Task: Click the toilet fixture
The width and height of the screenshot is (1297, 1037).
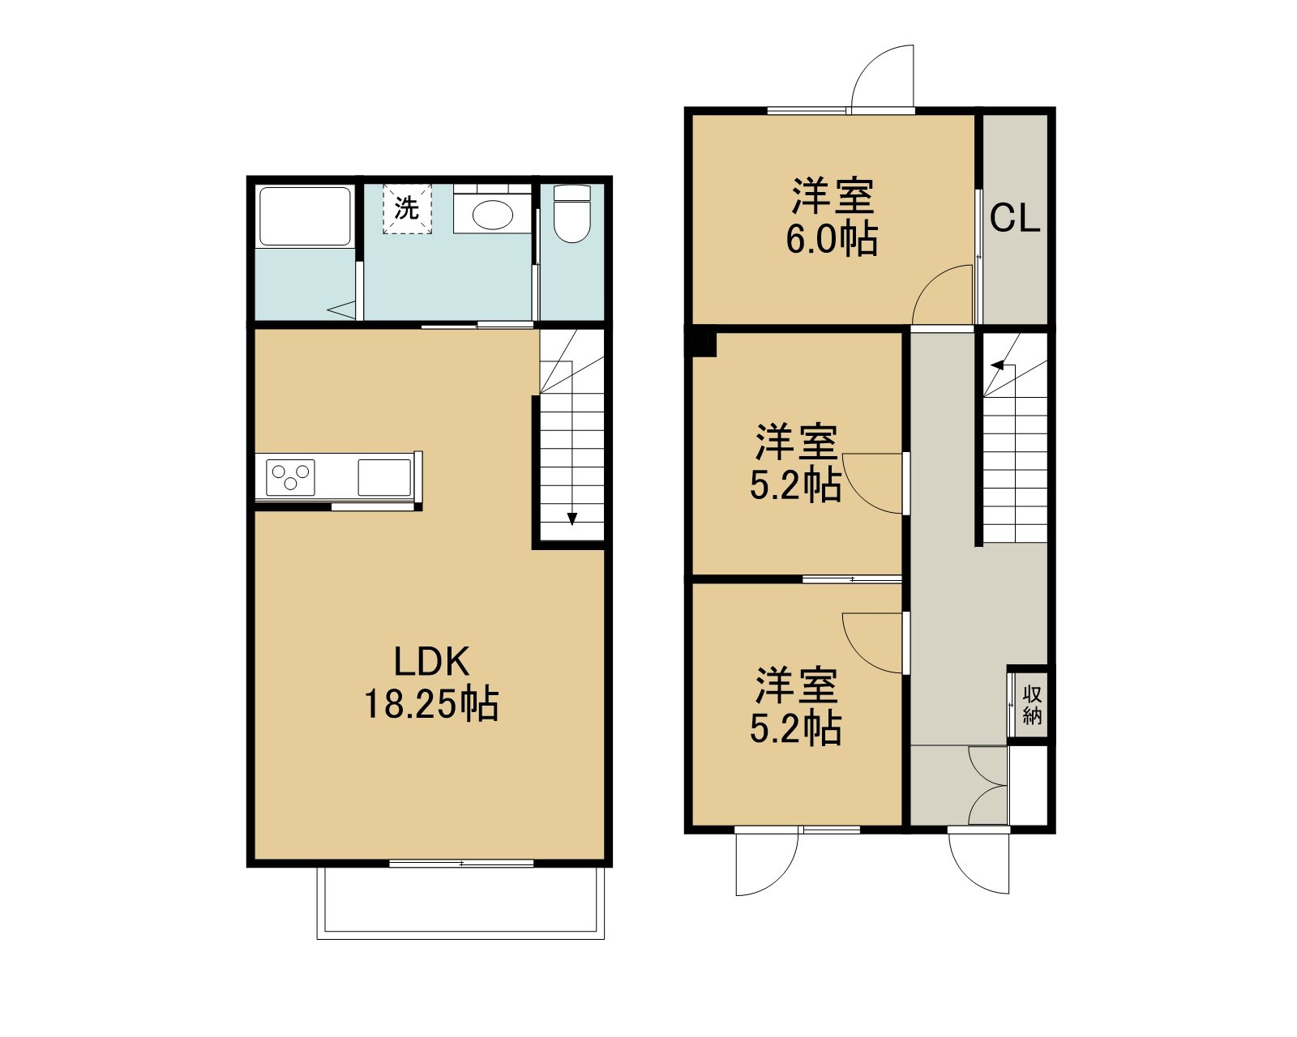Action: point(571,213)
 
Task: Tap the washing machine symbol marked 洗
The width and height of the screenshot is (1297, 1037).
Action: point(408,208)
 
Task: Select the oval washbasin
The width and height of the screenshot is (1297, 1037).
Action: point(492,215)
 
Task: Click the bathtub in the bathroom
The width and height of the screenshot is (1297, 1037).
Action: point(304,216)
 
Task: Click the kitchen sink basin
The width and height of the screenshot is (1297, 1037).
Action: point(384,477)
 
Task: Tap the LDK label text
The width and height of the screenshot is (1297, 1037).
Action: point(431,662)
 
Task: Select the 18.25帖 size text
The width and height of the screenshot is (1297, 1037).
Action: point(431,704)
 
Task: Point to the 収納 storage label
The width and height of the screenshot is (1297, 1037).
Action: point(1032,705)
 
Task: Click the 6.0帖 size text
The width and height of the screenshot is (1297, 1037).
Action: point(832,239)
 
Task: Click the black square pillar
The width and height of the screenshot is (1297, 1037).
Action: point(704,344)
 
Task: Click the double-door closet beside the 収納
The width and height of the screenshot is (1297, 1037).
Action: point(988,785)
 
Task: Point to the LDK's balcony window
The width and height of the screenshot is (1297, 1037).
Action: point(462,864)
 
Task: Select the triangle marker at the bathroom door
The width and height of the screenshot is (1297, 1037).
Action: point(342,311)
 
